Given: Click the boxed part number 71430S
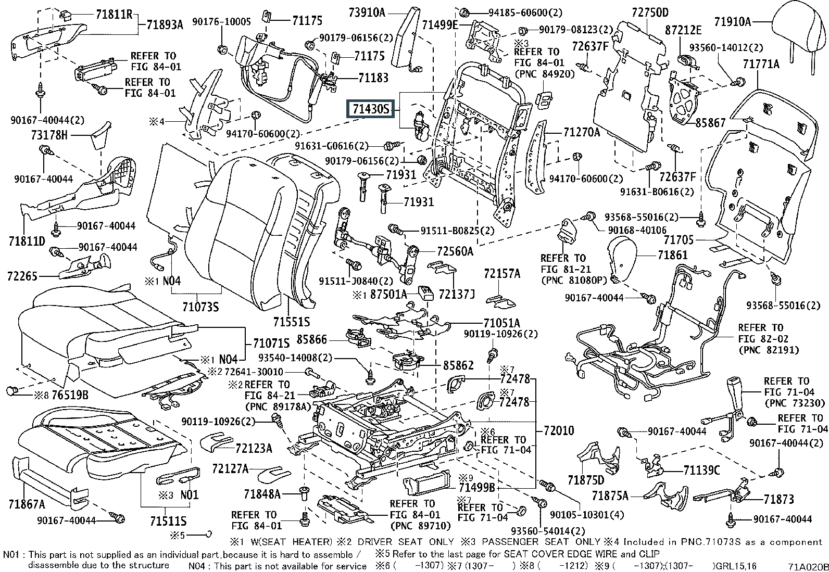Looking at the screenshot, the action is [371, 109].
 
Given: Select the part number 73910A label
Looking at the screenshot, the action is [367, 13].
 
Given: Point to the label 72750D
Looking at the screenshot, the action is [650, 12].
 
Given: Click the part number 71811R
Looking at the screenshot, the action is [114, 15].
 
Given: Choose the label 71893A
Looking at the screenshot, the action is [165, 25].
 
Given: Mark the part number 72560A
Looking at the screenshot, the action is [455, 251].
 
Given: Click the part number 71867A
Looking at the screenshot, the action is [27, 504].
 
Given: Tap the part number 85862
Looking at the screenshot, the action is [458, 365].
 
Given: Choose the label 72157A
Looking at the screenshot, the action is [502, 274].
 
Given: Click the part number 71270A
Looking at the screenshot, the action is [582, 132].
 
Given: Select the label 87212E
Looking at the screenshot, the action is [683, 30].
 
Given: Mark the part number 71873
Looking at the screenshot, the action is [778, 500].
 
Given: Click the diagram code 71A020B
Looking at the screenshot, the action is [808, 567].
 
